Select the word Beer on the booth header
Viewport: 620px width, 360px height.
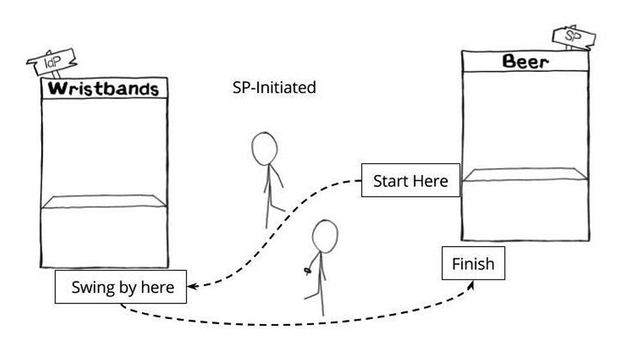tap(525, 61)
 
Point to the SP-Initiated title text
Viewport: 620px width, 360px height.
tap(274, 88)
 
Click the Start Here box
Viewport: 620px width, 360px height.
tap(410, 181)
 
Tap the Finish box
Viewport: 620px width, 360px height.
tap(473, 264)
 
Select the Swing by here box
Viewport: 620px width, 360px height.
tap(121, 288)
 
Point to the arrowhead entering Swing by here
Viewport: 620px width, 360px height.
tap(192, 287)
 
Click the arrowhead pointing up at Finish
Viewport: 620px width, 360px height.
tap(473, 284)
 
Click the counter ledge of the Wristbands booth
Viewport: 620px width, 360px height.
tap(104, 202)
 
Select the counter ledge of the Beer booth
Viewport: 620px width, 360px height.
tap(526, 174)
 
